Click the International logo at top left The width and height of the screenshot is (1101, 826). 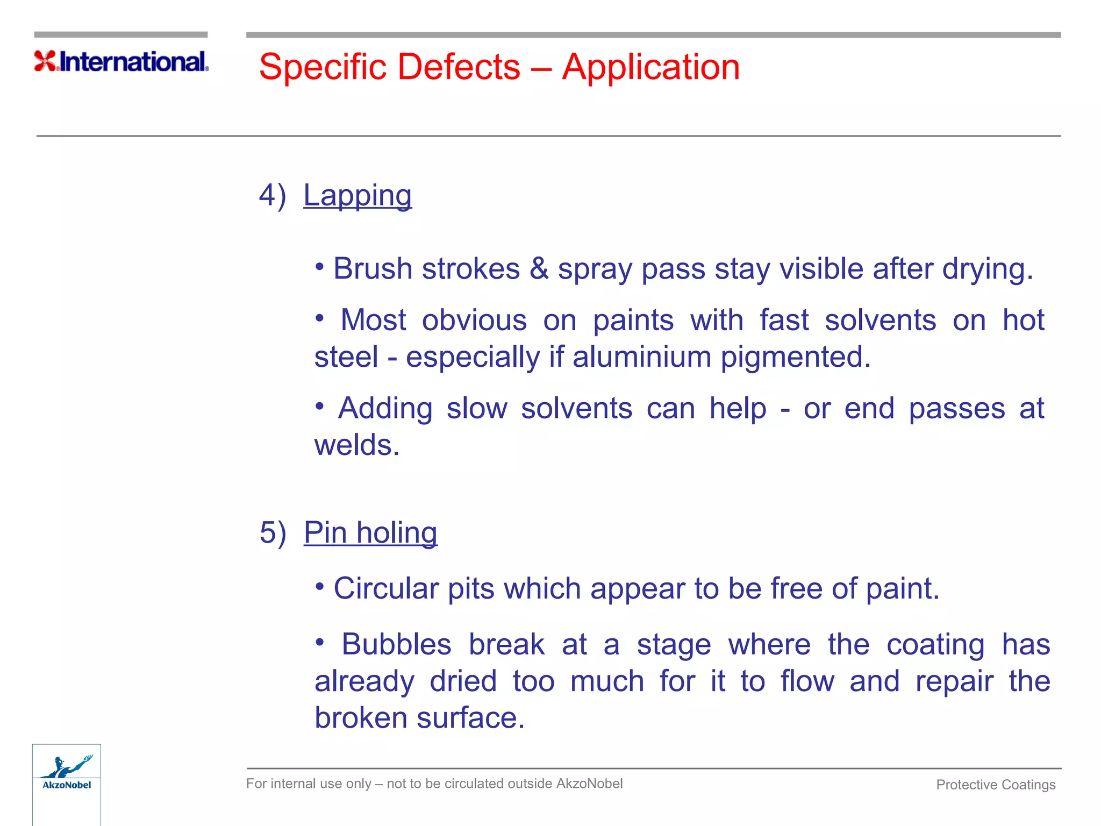[121, 61]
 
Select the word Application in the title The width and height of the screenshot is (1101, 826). [650, 67]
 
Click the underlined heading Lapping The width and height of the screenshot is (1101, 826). [358, 195]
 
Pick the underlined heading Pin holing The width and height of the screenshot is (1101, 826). [370, 533]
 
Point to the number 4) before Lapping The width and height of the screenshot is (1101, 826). [273, 195]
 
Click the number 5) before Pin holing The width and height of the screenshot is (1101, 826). [273, 533]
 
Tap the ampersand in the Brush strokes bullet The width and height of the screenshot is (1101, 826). [539, 269]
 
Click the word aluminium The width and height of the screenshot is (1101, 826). [642, 357]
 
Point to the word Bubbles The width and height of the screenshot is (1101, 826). [396, 644]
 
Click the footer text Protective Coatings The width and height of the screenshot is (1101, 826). [996, 785]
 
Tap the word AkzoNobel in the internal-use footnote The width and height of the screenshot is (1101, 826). [589, 784]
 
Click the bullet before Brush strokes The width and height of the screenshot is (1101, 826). [320, 266]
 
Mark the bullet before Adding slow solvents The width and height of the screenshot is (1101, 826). [320, 406]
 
